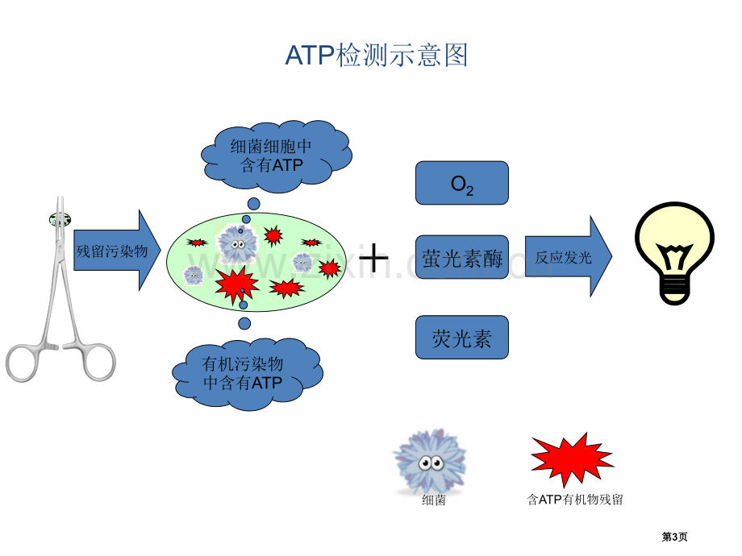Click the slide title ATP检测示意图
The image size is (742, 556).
click(376, 55)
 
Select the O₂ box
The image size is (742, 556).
click(462, 183)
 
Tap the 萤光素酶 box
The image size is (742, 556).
click(462, 257)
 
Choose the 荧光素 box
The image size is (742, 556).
click(462, 338)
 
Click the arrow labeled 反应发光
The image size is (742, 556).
click(569, 257)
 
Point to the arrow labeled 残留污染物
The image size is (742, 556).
click(117, 250)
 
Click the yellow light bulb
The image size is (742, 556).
click(675, 253)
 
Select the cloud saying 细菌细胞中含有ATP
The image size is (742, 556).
click(275, 156)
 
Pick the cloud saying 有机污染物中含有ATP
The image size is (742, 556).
click(247, 374)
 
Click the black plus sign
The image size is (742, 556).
click(374, 258)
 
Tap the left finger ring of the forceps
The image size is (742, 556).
click(21, 363)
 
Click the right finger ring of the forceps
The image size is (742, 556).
click(99, 363)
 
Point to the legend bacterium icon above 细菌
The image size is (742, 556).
click(430, 461)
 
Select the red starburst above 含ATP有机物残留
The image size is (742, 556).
click(573, 459)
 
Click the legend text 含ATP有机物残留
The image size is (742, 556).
click(575, 500)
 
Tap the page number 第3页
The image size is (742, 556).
click(674, 537)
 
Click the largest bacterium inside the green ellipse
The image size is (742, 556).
click(236, 244)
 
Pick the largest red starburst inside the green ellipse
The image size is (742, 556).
click(236, 284)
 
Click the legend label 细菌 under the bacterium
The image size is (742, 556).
click(433, 500)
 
